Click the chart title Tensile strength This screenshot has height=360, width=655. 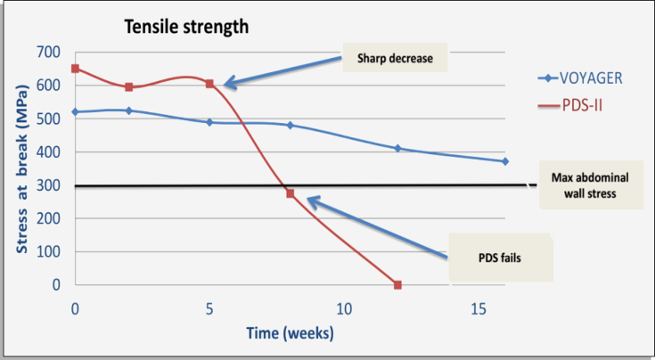[x=186, y=27]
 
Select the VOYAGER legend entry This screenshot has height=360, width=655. [x=580, y=78]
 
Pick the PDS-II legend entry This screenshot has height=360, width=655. [x=570, y=105]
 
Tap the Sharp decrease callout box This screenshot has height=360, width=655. [x=395, y=58]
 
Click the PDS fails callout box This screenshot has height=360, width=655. [x=501, y=258]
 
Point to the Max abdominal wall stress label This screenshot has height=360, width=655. [x=591, y=185]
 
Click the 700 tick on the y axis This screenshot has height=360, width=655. [x=48, y=53]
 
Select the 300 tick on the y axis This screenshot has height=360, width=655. [x=48, y=185]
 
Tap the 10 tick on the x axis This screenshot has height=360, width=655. [x=344, y=309]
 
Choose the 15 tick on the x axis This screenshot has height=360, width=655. [x=479, y=309]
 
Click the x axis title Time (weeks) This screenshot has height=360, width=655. [x=290, y=333]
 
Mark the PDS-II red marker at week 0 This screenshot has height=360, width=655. [x=75, y=69]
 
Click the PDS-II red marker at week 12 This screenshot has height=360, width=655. [x=397, y=285]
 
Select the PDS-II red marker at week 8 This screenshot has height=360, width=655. [x=291, y=193]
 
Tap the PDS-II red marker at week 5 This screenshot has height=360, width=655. [x=209, y=84]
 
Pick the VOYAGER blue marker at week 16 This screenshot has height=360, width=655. [x=505, y=161]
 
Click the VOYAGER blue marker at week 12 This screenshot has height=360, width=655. [x=397, y=148]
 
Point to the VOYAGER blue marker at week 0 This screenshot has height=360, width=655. [x=75, y=112]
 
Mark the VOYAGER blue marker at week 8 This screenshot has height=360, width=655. [x=291, y=126]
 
